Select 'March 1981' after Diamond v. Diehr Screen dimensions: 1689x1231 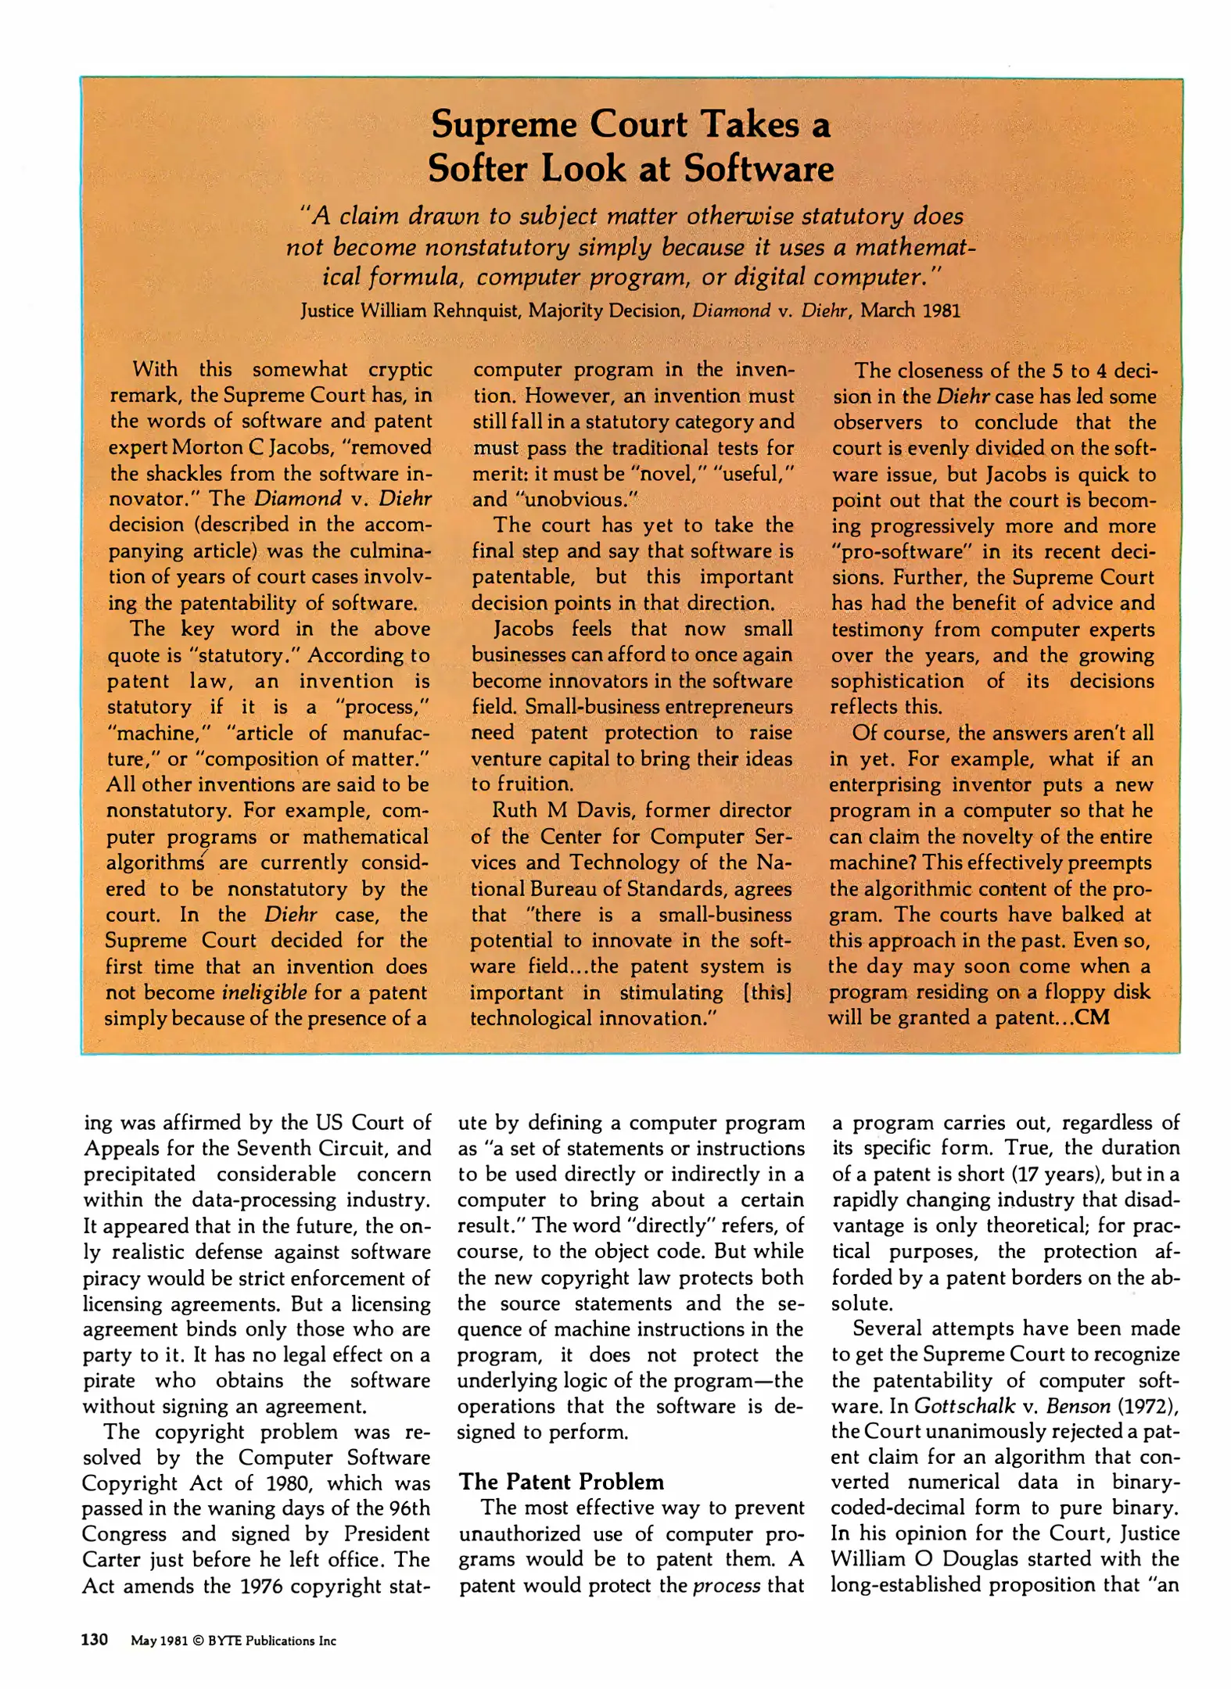pos(910,310)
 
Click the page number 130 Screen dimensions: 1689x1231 pos(95,1640)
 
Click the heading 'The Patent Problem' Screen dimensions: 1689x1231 pos(561,1481)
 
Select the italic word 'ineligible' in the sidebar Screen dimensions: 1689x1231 pos(264,992)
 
